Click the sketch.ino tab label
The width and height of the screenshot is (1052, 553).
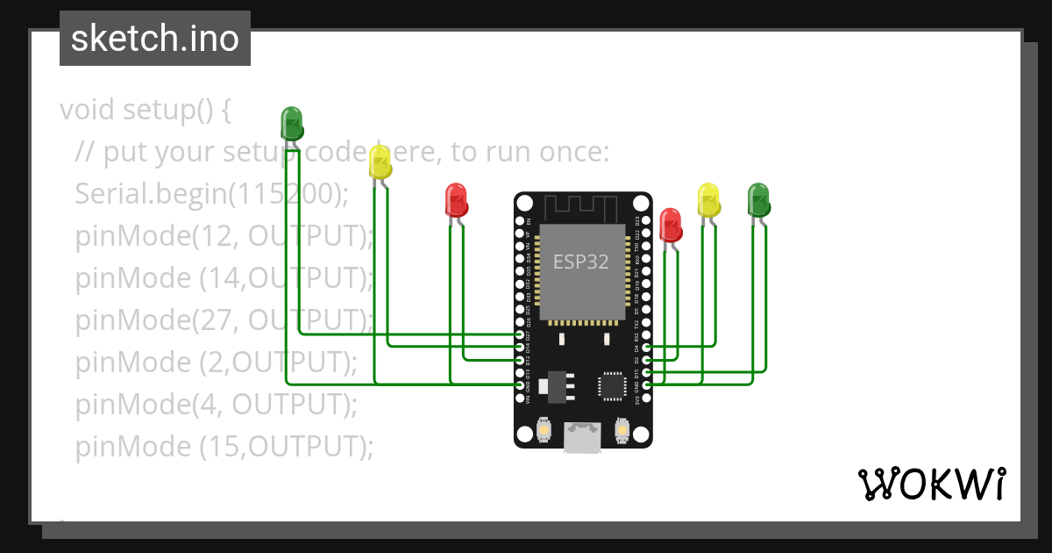(x=154, y=39)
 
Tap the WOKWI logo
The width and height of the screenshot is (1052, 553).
(x=932, y=484)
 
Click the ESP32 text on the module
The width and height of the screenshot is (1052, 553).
(x=580, y=262)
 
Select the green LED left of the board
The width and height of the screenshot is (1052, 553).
(x=291, y=122)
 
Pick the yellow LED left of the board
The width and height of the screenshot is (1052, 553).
(x=380, y=162)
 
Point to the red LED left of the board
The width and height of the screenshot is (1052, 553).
(x=456, y=200)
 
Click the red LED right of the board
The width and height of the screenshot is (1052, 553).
(x=670, y=224)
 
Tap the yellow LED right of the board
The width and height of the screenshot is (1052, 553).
(x=707, y=200)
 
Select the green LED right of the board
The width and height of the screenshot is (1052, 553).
(x=758, y=200)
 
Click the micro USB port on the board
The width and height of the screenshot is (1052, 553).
(x=582, y=438)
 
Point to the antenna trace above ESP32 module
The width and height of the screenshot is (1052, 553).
(x=582, y=208)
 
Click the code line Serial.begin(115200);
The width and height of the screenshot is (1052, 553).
(x=211, y=194)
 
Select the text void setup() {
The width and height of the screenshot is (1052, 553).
(x=146, y=110)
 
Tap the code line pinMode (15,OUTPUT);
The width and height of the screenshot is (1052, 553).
(x=224, y=447)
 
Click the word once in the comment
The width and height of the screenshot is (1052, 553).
(x=563, y=152)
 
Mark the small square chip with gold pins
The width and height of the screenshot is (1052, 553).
(x=611, y=385)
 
